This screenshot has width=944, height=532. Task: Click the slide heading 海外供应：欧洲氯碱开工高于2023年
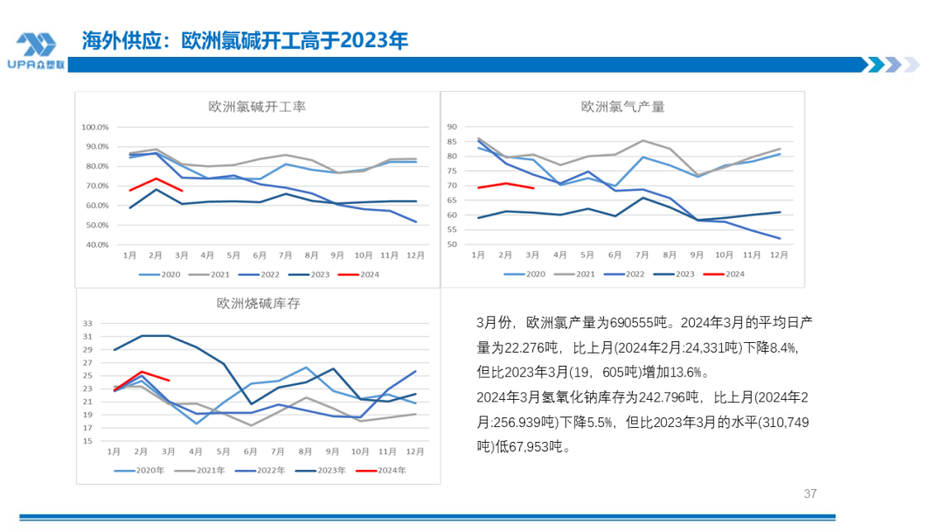(x=245, y=40)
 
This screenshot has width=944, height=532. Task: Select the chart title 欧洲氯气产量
(x=622, y=107)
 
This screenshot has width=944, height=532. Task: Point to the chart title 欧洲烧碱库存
(x=258, y=304)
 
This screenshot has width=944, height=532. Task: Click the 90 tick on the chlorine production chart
(x=452, y=127)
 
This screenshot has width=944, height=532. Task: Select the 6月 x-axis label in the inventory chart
(x=251, y=451)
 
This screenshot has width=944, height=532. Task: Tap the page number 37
(x=809, y=493)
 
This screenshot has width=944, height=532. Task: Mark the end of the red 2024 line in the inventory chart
(x=169, y=381)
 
